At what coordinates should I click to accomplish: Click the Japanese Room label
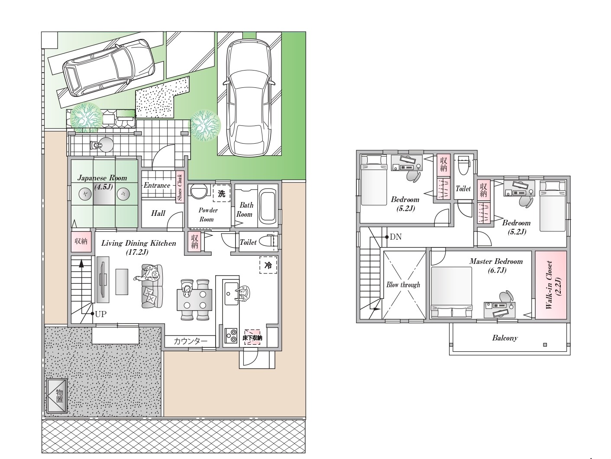pos(102,178)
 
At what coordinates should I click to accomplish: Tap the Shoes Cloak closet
pos(180,187)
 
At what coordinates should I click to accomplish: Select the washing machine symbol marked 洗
pos(222,193)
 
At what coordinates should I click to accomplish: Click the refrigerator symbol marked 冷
pos(268,265)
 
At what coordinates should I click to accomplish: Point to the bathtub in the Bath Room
pos(267,206)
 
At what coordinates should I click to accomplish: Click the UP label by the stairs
pos(100,314)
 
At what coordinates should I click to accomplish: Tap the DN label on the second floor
pos(395,237)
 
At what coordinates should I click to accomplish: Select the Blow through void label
pos(403,285)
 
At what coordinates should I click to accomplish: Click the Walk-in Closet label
pos(553,285)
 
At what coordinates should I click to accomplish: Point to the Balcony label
pos(505,338)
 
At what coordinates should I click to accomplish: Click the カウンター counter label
pos(191,341)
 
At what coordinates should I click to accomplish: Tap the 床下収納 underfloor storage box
pos(252,338)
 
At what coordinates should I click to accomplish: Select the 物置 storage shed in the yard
pos(57,396)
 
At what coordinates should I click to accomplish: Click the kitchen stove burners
pos(231,336)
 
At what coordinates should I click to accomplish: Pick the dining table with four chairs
pos(194,300)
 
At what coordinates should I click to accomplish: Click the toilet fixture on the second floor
pos(463,165)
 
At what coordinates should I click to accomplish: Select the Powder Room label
pos(208,215)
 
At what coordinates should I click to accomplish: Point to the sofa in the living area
pos(152,286)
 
